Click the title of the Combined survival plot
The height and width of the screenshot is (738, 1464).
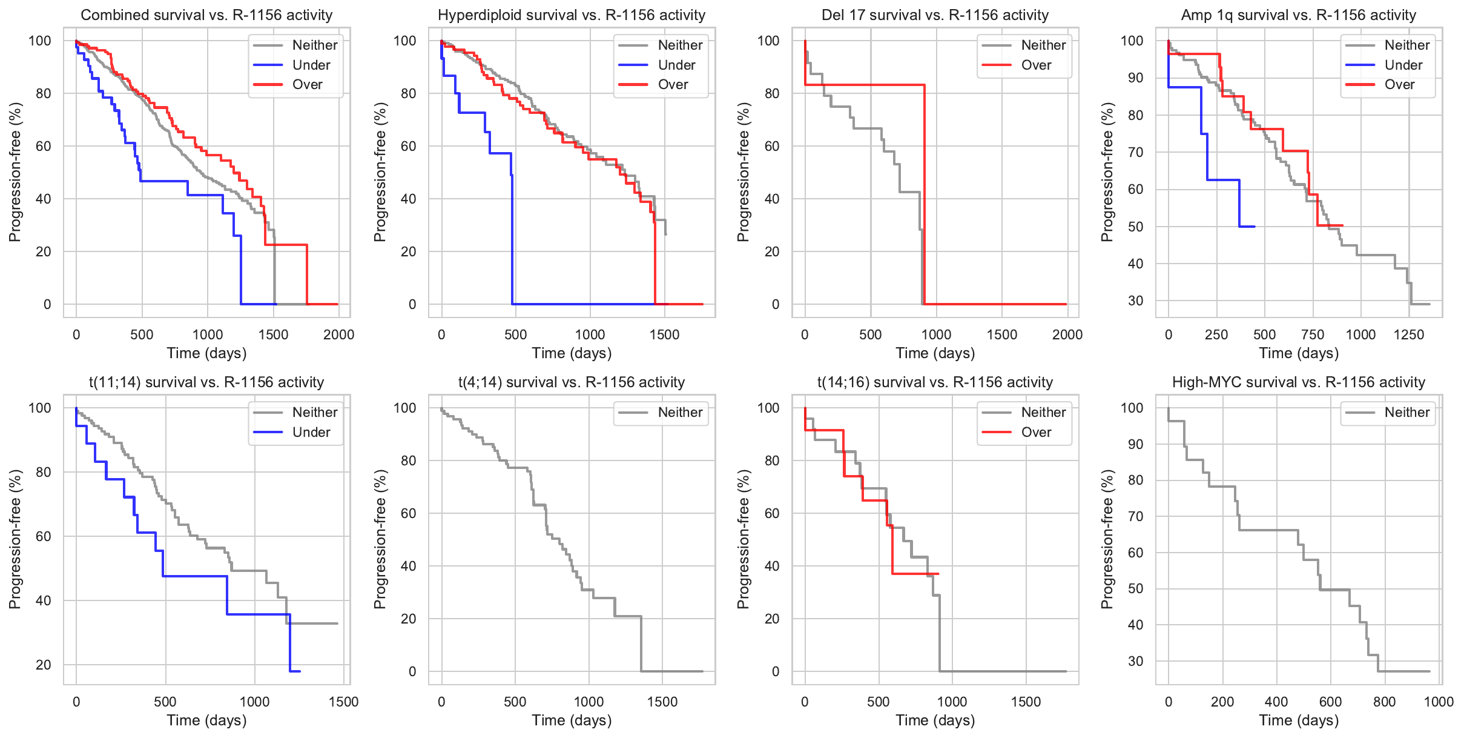[x=206, y=15]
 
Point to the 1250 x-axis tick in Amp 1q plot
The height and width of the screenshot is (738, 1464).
[x=1409, y=334]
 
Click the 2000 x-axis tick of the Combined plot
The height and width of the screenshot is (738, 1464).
[x=338, y=334]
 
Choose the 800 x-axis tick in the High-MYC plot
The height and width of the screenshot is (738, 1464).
[x=1384, y=702]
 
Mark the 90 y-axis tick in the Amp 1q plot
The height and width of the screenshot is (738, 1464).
[x=1135, y=78]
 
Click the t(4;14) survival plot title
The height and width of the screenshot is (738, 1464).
[x=572, y=382]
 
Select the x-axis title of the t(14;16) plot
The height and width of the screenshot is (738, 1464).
[x=935, y=720]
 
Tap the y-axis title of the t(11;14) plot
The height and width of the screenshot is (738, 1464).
[x=15, y=539]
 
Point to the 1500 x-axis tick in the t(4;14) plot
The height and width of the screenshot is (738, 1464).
[x=662, y=702]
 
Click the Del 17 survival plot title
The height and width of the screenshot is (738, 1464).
[x=935, y=15]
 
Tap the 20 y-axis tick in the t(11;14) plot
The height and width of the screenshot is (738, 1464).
[x=44, y=665]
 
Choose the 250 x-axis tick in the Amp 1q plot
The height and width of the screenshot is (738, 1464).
[x=1216, y=334]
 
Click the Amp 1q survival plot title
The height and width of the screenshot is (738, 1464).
[x=1298, y=15]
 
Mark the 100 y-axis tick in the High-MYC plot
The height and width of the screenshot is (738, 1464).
[x=1132, y=408]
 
